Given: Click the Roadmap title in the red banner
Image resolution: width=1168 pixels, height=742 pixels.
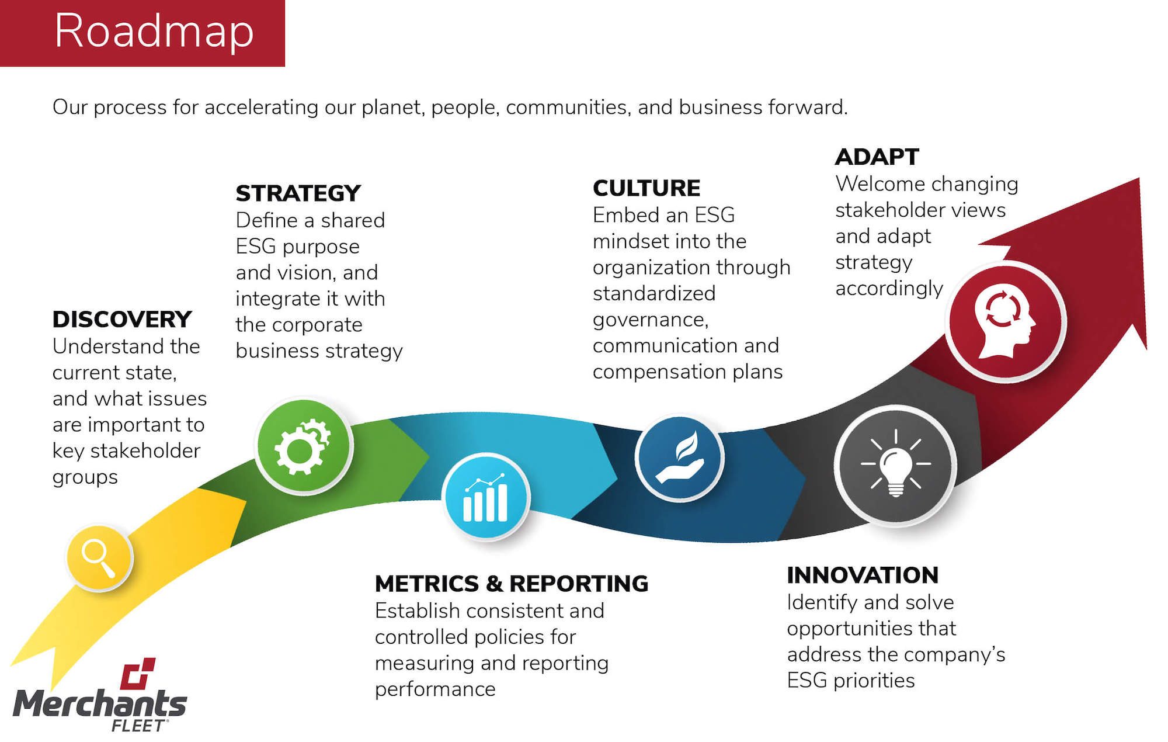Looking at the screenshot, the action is pyautogui.click(x=154, y=32).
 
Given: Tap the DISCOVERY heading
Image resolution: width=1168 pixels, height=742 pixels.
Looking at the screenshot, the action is pyautogui.click(x=122, y=320).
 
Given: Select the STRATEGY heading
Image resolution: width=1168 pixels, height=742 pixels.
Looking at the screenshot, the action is pyautogui.click(x=298, y=193).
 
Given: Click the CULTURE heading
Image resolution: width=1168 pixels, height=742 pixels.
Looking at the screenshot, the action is pyautogui.click(x=646, y=188).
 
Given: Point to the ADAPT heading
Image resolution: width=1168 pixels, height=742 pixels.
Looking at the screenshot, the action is pyautogui.click(x=877, y=157).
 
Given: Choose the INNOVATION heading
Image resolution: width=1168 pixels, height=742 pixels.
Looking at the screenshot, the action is pyautogui.click(x=863, y=575).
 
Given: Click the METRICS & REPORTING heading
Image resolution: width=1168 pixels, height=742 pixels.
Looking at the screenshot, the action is pyautogui.click(x=512, y=584).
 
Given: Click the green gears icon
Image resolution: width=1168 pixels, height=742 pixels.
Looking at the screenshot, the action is pyautogui.click(x=304, y=446).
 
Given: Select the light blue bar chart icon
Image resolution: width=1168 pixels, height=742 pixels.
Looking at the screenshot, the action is pyautogui.click(x=486, y=497).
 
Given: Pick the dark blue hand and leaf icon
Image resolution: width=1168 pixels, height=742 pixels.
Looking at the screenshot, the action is pyautogui.click(x=680, y=458).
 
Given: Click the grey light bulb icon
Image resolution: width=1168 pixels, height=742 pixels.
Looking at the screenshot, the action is pyautogui.click(x=895, y=466).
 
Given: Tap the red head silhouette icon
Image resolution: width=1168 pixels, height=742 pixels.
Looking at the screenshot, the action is pyautogui.click(x=1006, y=322).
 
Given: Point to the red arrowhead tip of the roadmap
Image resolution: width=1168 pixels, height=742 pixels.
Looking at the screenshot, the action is pyautogui.click(x=1139, y=179).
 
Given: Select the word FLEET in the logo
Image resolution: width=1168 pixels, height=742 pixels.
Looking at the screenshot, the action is pyautogui.click(x=138, y=726).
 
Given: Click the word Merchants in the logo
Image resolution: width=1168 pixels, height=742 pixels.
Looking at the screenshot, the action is pyautogui.click(x=100, y=703).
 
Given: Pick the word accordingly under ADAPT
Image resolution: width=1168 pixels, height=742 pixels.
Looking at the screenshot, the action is pyautogui.click(x=889, y=289).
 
